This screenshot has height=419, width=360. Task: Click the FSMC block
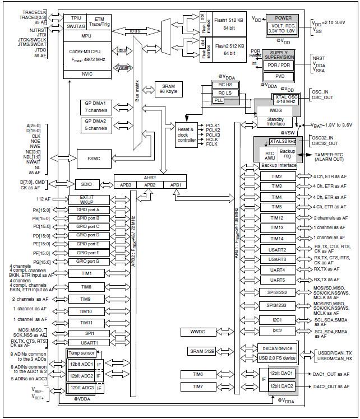point(94,159)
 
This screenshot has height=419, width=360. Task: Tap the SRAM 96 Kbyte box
point(168,89)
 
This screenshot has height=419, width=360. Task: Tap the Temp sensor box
point(82,353)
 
